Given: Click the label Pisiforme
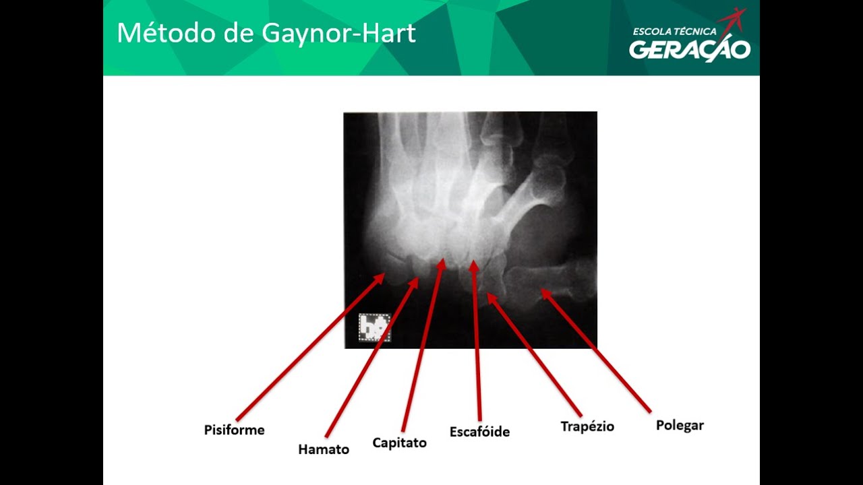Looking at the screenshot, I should coord(234,430).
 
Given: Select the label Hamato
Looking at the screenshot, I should coord(324,449).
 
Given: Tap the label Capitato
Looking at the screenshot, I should coord(399,443).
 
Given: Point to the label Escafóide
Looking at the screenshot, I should coord(479,432).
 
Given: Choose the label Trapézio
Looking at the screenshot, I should coord(587,426).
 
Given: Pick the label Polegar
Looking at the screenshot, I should coord(680,425).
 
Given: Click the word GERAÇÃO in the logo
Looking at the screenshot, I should coord(689,50).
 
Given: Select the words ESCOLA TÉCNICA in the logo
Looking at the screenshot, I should coord(674,31).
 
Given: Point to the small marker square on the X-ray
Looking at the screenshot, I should coord(374,328).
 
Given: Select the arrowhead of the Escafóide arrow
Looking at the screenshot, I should coord(474,265).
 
